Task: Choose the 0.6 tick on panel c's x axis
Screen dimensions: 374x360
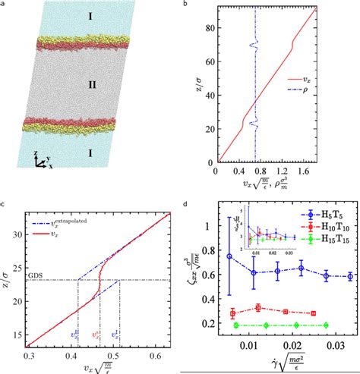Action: (x=159, y=356)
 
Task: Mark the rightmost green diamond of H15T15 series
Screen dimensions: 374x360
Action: (x=326, y=325)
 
